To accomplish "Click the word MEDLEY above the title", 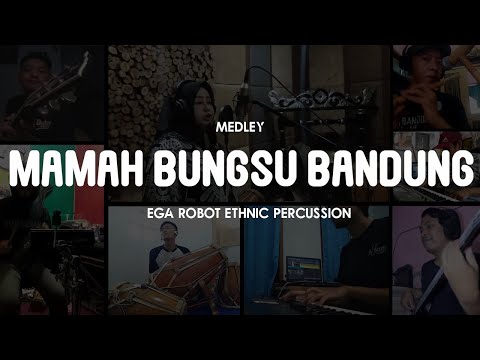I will click(239, 128).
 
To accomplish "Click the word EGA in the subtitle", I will click(158, 213).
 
